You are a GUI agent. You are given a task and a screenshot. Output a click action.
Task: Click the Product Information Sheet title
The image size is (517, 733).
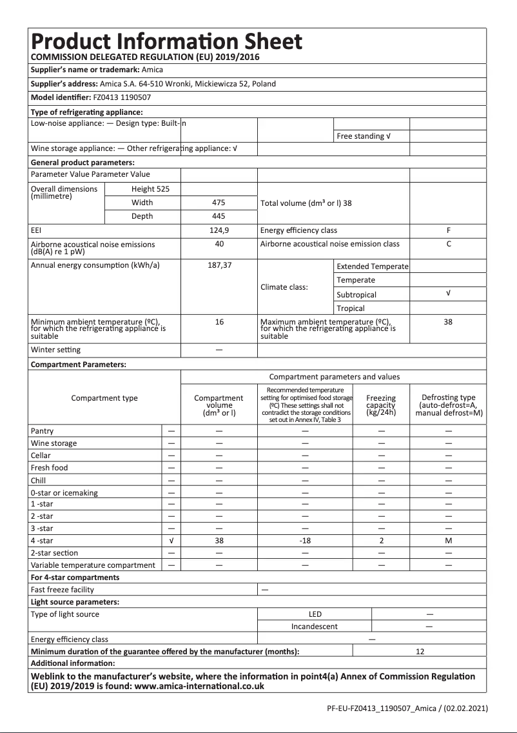(166, 41)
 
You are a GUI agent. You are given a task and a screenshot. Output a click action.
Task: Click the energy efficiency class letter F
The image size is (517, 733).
(448, 230)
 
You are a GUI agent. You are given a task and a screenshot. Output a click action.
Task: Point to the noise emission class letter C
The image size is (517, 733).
(448, 244)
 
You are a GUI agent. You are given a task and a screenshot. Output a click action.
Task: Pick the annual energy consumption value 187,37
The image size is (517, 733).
(219, 265)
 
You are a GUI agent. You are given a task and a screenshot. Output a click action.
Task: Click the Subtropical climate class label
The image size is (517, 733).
(356, 294)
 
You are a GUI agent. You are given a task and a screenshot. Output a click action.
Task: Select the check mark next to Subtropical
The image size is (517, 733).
(448, 294)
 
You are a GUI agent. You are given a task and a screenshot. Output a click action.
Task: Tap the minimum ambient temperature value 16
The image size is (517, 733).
(219, 322)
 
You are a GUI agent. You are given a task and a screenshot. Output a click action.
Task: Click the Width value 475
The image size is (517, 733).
(219, 203)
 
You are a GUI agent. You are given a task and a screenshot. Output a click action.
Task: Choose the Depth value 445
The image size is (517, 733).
(219, 216)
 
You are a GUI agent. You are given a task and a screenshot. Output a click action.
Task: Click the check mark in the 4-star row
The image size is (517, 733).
(171, 541)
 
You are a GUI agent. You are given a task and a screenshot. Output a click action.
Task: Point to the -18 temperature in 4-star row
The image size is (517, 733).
(305, 541)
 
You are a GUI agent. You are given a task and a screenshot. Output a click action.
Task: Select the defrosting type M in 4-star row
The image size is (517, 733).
(448, 541)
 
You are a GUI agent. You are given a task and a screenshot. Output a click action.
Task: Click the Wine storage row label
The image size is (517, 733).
(54, 443)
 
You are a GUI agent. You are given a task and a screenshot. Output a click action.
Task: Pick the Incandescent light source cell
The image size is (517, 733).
(315, 627)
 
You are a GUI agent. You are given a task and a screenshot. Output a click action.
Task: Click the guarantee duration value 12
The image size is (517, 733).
(420, 652)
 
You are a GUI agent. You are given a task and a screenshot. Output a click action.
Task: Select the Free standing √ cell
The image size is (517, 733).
(364, 136)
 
